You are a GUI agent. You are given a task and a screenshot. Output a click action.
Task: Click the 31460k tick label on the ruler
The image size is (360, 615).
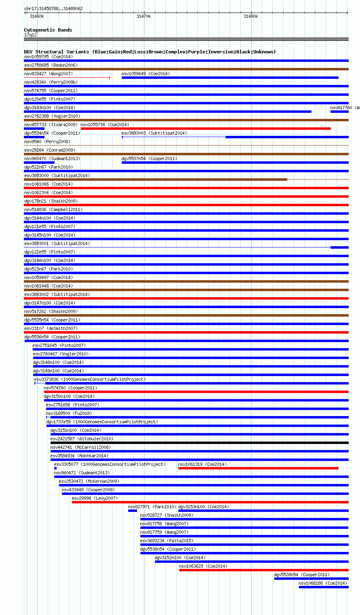tap(36, 16)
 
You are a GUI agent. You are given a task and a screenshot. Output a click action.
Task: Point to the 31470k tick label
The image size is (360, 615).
tap(144, 16)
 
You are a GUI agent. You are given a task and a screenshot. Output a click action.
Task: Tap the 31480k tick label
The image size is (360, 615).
tap(251, 16)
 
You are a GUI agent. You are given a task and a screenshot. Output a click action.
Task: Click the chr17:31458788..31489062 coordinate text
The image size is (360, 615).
tap(53, 8)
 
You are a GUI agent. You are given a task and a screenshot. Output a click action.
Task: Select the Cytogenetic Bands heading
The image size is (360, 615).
tap(48, 30)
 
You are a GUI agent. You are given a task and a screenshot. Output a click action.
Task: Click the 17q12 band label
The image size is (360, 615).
tap(30, 35)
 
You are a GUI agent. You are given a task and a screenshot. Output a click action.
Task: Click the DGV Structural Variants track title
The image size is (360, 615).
tap(150, 52)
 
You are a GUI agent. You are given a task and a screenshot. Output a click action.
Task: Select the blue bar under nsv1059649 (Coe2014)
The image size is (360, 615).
tap(230, 78)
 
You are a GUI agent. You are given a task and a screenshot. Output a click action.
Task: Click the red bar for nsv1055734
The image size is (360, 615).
tap(205, 129)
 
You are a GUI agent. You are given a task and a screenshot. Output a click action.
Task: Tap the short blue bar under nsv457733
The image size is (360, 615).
tap(34, 129)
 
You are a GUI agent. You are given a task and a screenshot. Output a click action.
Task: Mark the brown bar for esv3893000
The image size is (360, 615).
tap(155, 180)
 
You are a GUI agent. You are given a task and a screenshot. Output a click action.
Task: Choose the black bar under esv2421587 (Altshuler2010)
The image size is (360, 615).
tap(199, 443)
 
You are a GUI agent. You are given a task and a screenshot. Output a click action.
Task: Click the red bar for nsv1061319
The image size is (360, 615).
tap(258, 468)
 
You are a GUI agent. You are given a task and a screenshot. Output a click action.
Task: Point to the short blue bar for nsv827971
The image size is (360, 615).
tap(132, 511)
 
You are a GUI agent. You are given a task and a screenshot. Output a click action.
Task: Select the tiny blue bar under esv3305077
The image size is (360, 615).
tap(55, 468)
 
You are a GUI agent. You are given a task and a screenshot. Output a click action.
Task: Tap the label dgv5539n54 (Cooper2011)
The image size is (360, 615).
tap(302, 575)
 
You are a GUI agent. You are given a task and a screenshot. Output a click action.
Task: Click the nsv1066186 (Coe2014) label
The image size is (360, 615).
tap(323, 583)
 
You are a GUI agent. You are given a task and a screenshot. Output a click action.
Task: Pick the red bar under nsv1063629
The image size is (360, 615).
tap(263, 570)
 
